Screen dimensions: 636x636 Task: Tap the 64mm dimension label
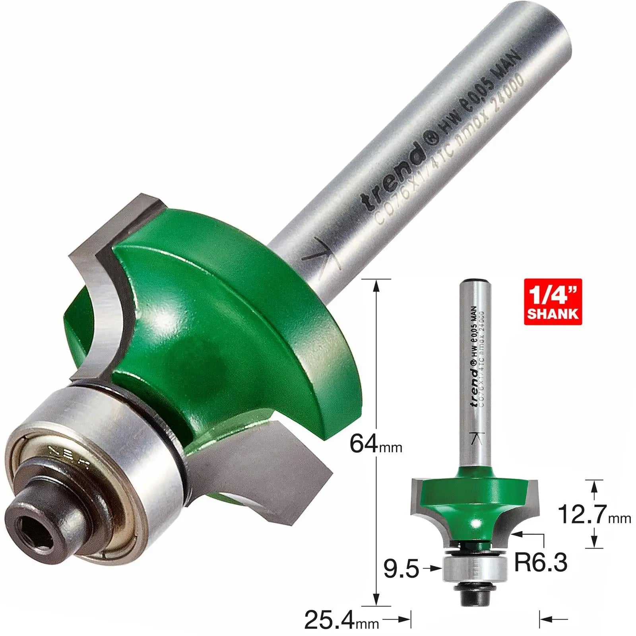[375, 444]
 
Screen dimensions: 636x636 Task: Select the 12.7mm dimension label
[594, 514]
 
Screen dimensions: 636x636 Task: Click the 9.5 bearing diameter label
[401, 569]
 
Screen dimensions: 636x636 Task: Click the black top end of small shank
[474, 281]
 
